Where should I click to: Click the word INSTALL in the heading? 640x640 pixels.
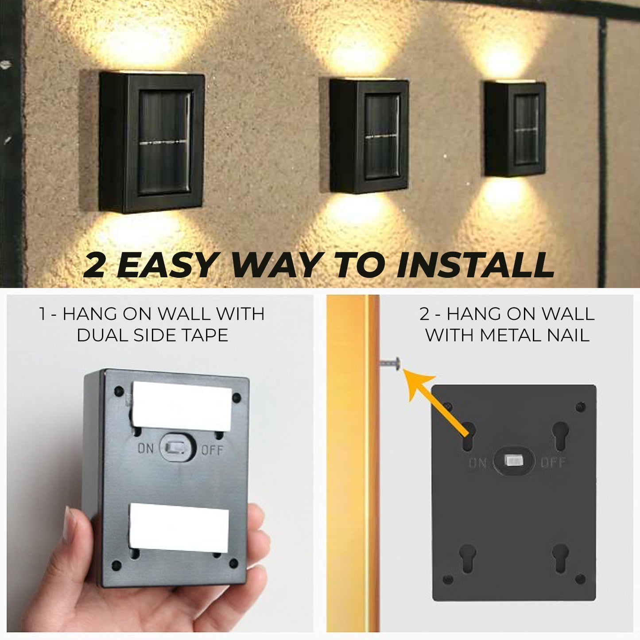(475, 264)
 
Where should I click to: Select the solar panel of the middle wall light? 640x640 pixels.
(382, 136)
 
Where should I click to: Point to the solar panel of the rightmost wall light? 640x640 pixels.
(527, 129)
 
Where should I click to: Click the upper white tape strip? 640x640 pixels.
(182, 406)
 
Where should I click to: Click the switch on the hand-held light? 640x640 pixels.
(177, 448)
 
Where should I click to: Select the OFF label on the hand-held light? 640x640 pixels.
(212, 450)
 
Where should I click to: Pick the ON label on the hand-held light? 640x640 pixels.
(146, 449)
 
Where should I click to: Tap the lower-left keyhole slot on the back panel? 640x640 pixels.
(468, 559)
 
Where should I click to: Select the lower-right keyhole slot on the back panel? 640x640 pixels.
(560, 559)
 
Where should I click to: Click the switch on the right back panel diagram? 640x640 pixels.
(514, 461)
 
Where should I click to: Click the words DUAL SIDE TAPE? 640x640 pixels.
(152, 335)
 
